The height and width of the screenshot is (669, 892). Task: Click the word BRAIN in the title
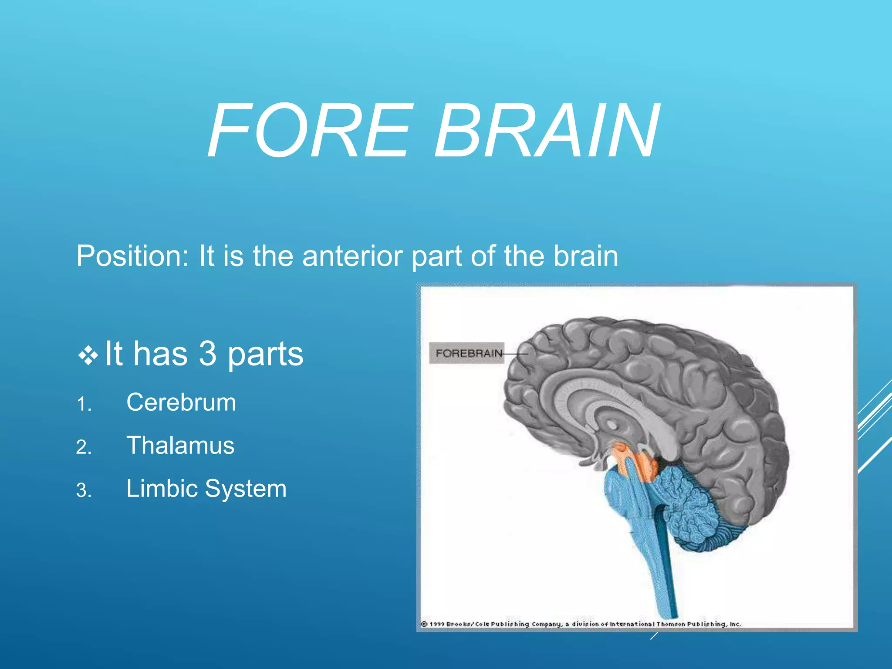click(x=547, y=131)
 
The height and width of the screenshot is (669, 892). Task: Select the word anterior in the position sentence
click(x=354, y=256)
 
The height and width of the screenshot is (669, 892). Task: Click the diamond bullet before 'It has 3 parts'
click(x=88, y=355)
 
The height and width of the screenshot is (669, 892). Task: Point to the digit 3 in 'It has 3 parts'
click(x=208, y=354)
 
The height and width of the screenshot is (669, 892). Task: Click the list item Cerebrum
click(x=181, y=402)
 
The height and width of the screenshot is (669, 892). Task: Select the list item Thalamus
click(x=180, y=446)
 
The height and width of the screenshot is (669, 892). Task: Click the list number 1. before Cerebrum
click(x=84, y=405)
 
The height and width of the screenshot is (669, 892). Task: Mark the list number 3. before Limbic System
click(x=84, y=491)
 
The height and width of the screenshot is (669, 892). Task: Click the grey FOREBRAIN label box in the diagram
click(x=466, y=353)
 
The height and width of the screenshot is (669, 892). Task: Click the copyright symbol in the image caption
click(x=424, y=624)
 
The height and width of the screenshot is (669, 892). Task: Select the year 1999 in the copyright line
click(x=437, y=624)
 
